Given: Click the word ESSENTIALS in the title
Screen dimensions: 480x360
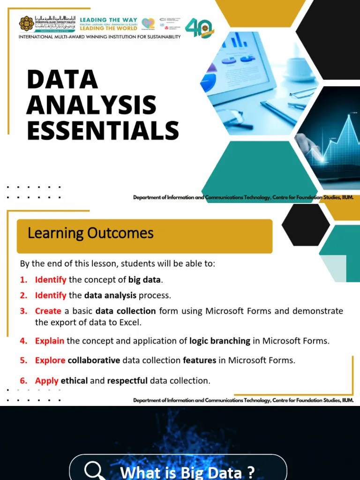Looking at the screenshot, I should tap(103, 130).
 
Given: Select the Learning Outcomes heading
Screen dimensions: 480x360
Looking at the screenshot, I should tap(90, 233).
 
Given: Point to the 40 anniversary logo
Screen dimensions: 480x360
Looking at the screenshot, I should tap(199, 28).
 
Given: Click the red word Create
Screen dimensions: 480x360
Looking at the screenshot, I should tap(48, 311).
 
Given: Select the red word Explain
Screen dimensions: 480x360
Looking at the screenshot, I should tap(50, 341).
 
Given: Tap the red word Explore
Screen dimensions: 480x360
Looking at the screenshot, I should tap(50, 360).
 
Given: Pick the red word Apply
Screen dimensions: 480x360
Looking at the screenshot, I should tap(47, 381).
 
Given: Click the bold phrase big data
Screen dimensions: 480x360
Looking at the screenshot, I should tap(144, 280).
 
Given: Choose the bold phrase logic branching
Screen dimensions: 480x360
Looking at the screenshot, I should tap(219, 341).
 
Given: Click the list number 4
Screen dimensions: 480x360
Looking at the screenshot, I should tap(23, 341).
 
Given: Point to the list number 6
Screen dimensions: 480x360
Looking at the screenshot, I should tap(23, 381).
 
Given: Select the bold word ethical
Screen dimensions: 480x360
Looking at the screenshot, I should tap(74, 381).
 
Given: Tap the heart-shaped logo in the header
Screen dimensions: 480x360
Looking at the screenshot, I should tap(148, 23).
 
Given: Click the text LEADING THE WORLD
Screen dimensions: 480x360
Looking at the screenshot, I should tap(108, 29).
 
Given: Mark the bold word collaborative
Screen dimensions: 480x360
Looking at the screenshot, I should tap(94, 360).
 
